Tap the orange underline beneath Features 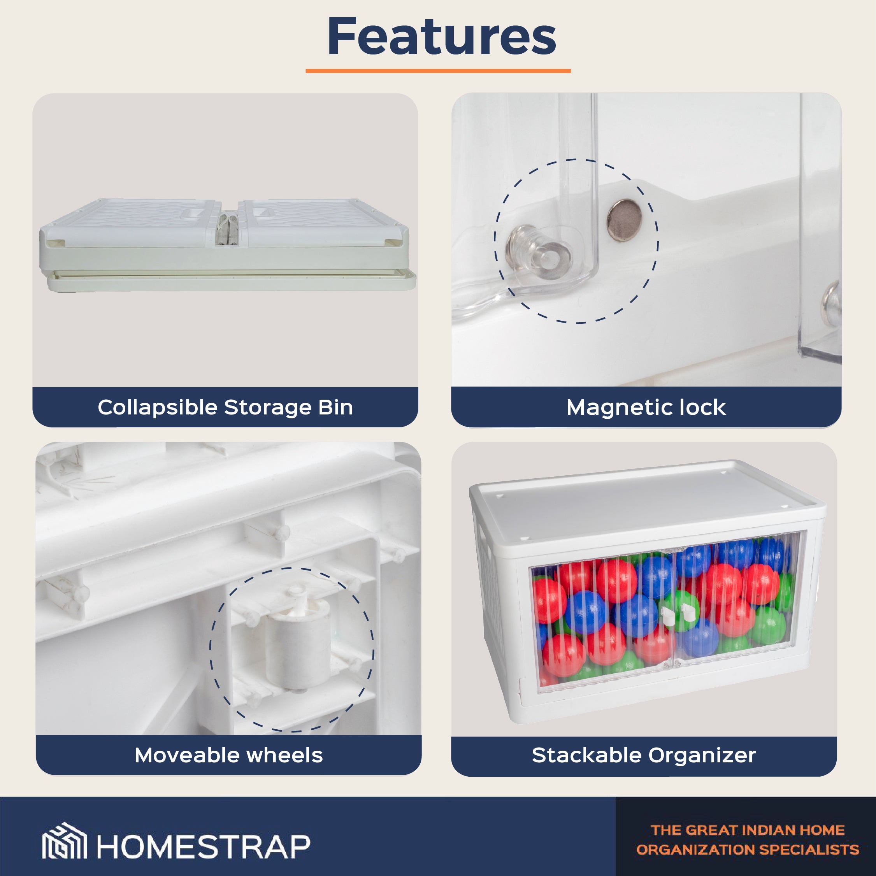click(438, 71)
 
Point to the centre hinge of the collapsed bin click(228, 229)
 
